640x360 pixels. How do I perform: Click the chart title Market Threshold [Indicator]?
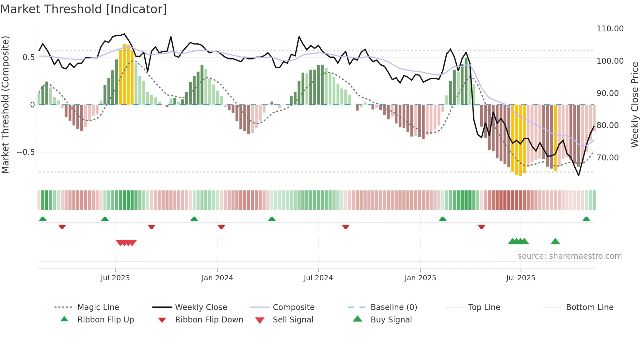pyautogui.click(x=84, y=9)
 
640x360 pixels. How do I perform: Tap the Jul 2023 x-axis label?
pyautogui.click(x=115, y=278)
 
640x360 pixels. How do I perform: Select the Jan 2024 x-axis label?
pyautogui.click(x=217, y=278)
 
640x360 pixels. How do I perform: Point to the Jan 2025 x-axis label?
pyautogui.click(x=420, y=278)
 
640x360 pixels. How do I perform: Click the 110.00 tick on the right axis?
pyautogui.click(x=610, y=29)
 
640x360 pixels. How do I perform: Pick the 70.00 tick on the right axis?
pyautogui.click(x=607, y=158)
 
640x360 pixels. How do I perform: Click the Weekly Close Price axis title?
pyautogui.click(x=634, y=105)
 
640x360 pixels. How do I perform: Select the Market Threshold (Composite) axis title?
pyautogui.click(x=5, y=105)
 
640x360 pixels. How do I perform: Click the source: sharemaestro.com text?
pyautogui.click(x=569, y=256)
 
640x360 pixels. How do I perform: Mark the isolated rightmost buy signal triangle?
pyautogui.click(x=555, y=241)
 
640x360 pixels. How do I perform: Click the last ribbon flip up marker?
pyautogui.click(x=586, y=219)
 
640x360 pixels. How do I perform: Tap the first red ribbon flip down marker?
pyautogui.click(x=62, y=227)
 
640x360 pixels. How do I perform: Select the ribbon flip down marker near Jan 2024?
pyautogui.click(x=221, y=227)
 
